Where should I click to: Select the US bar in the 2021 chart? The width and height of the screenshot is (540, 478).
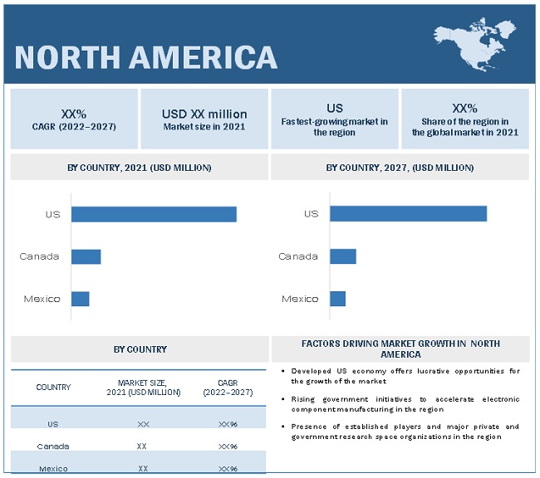(x=154, y=214)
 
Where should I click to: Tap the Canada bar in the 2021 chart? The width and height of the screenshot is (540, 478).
(x=86, y=256)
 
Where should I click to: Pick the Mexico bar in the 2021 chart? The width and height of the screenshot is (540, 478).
(x=80, y=299)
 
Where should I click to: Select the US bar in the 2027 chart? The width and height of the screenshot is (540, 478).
(x=408, y=214)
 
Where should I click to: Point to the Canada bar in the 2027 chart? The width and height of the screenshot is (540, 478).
(x=343, y=256)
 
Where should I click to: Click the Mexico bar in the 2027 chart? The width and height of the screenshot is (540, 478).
(x=337, y=299)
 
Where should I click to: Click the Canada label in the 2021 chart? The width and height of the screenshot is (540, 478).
(x=40, y=256)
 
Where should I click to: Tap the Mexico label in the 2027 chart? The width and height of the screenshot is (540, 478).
(x=300, y=299)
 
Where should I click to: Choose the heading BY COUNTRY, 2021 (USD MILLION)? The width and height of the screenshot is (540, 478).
(x=140, y=168)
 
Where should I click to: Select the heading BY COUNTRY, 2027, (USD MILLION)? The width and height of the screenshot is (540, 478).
(x=400, y=168)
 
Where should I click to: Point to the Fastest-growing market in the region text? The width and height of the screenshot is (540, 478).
(x=335, y=127)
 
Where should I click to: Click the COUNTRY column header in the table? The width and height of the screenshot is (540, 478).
(x=53, y=388)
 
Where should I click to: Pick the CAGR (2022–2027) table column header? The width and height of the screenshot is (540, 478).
(x=216, y=388)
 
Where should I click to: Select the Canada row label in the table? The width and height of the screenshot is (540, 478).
(x=53, y=446)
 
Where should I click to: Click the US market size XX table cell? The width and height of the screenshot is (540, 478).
(x=143, y=424)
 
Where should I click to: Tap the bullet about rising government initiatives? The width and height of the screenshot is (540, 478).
(x=405, y=404)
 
